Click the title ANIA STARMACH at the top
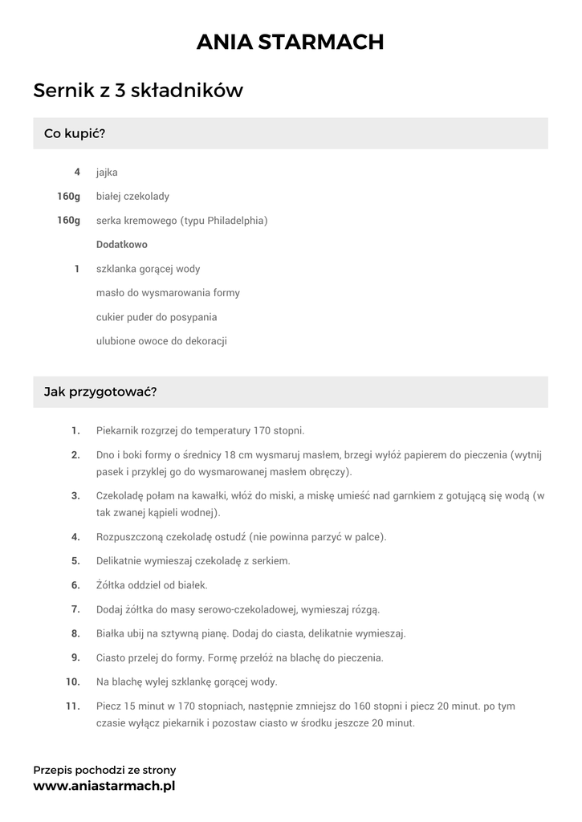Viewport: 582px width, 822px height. click(x=291, y=42)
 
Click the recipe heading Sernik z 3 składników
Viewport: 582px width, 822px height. click(x=137, y=91)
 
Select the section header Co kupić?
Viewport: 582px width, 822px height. click(x=75, y=133)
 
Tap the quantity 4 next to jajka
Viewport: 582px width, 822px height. click(x=77, y=172)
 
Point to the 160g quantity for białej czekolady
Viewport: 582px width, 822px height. click(x=68, y=196)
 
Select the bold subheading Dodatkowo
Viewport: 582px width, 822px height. click(x=121, y=244)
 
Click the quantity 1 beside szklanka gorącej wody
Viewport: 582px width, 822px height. click(x=77, y=268)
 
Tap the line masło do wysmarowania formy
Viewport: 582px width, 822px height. click(x=168, y=292)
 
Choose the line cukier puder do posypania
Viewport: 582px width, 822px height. click(x=157, y=316)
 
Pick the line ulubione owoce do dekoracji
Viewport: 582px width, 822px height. click(x=161, y=340)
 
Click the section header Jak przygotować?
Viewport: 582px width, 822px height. click(x=100, y=392)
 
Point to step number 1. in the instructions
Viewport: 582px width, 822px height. click(x=75, y=430)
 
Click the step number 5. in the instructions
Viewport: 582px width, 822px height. click(x=75, y=560)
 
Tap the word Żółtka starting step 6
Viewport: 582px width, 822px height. click(x=112, y=584)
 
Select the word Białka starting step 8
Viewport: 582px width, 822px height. click(x=112, y=633)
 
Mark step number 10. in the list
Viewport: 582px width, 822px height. click(x=73, y=682)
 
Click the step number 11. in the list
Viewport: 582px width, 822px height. click(x=73, y=706)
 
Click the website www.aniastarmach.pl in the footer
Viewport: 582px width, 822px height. click(x=104, y=786)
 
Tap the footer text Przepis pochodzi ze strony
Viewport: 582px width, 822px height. click(x=104, y=770)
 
